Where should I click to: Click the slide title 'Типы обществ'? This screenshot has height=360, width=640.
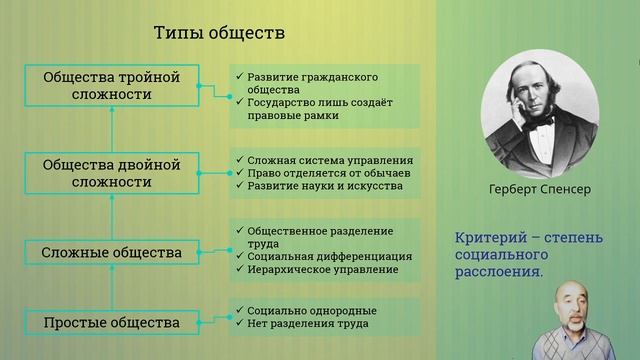(x=219, y=33)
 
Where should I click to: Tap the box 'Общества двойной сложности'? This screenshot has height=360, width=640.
(x=111, y=173)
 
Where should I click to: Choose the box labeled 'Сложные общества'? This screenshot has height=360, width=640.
(x=111, y=252)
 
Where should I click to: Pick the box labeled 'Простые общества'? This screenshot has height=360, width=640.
(x=111, y=323)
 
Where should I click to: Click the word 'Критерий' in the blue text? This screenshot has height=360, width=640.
(x=485, y=239)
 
